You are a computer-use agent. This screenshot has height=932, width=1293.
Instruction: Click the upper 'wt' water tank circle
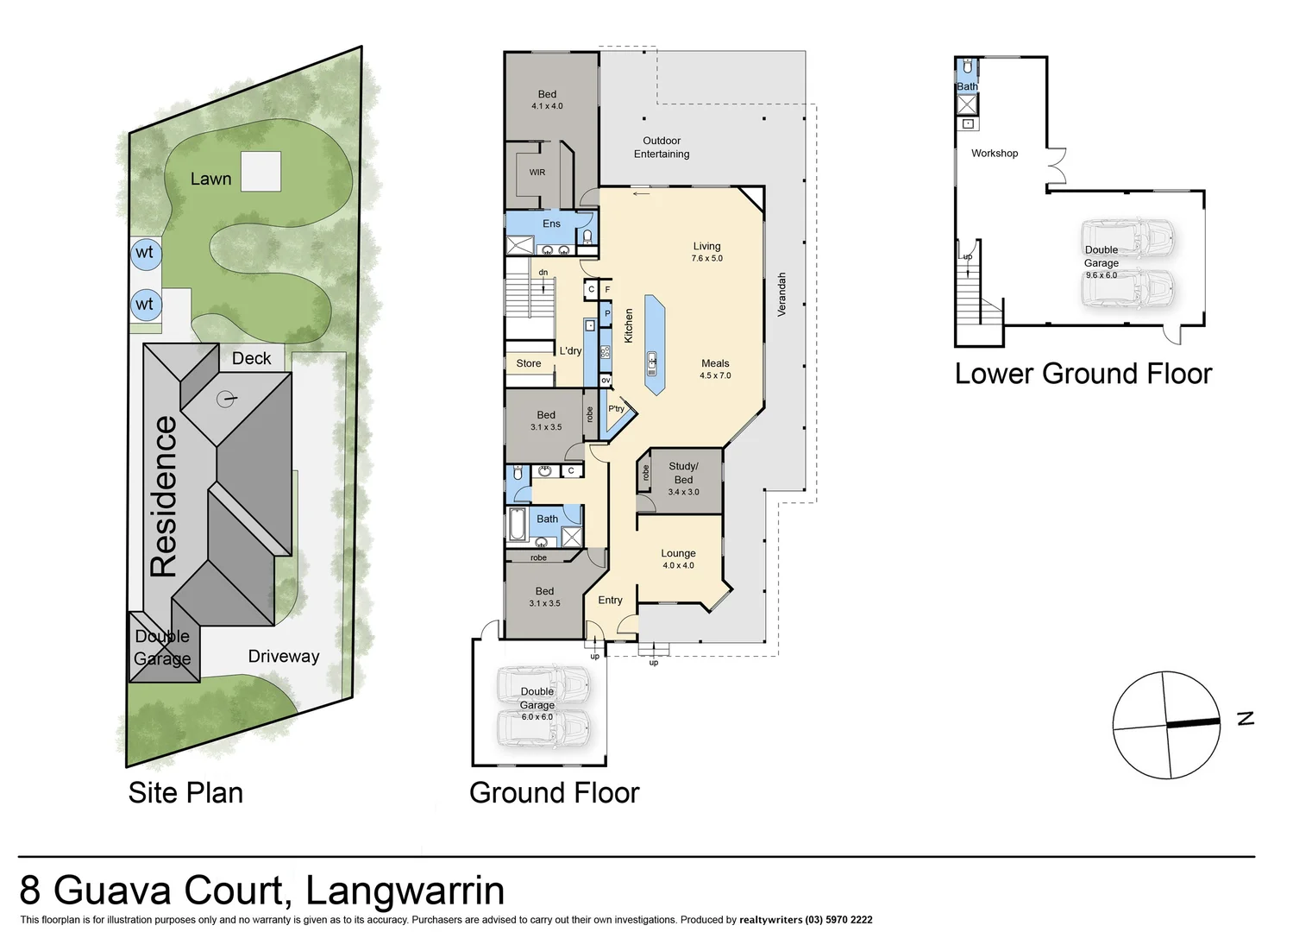point(144,253)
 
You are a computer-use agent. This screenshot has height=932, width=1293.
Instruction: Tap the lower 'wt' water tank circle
point(144,305)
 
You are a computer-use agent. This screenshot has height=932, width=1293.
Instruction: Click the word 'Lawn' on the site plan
point(210,179)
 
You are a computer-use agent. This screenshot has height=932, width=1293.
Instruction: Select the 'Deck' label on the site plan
point(251,358)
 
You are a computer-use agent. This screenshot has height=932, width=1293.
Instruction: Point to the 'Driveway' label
point(283,657)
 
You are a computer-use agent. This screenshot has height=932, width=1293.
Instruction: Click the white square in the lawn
point(260,171)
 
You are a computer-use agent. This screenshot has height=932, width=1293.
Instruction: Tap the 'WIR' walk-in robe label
point(537,173)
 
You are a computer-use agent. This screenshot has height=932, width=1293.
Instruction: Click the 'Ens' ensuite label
point(551,224)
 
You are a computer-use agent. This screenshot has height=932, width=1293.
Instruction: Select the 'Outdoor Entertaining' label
point(662,148)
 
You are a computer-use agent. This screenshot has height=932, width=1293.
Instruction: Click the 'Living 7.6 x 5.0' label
point(706,252)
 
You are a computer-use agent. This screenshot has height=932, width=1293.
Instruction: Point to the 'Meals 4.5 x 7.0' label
point(715,369)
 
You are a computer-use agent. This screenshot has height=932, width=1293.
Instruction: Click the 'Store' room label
point(529,364)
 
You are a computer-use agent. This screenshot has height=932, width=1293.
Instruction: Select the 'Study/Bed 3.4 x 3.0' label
point(683,479)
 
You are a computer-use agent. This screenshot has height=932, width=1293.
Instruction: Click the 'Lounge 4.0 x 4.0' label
point(678,559)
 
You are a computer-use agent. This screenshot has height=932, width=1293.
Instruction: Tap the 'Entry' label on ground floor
point(610,601)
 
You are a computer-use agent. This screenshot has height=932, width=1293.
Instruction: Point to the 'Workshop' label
point(995,154)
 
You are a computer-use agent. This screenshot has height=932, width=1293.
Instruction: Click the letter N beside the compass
point(1245,719)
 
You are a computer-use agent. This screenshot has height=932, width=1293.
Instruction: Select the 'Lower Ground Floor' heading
point(1083,374)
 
